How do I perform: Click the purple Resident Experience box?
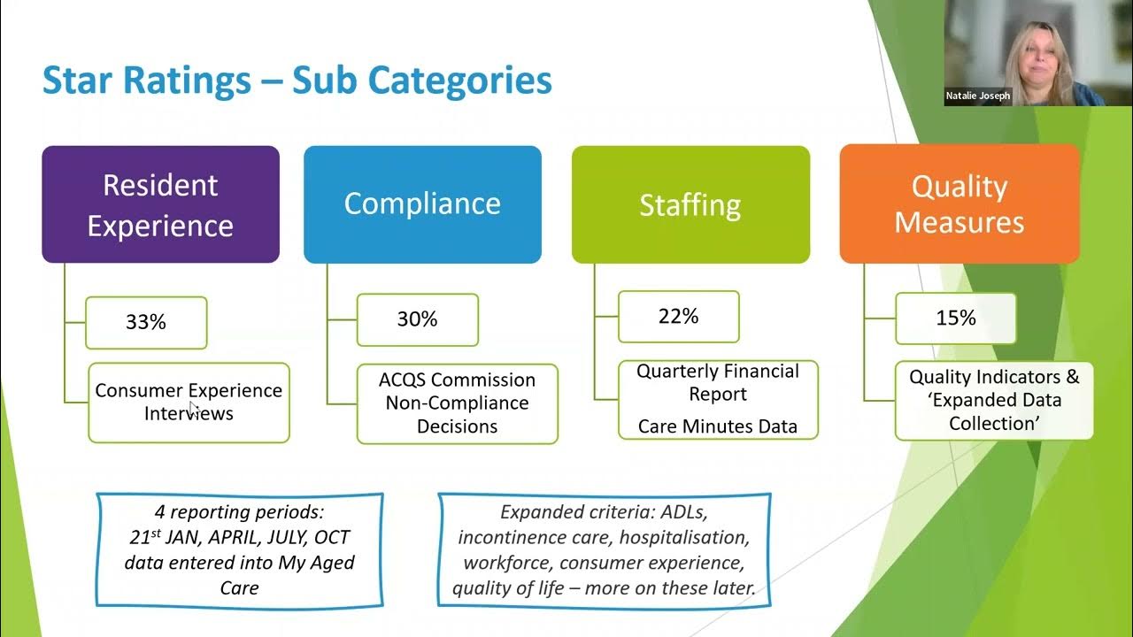(160, 204)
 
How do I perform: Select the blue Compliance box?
(422, 204)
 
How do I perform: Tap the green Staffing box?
(690, 204)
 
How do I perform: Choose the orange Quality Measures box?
(960, 204)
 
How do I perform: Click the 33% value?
(146, 322)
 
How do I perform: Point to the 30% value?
(417, 319)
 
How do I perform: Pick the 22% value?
(678, 316)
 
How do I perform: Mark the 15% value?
(956, 318)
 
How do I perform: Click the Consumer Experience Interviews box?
(189, 403)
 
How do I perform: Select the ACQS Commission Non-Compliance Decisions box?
(457, 403)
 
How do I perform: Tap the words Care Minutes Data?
(718, 426)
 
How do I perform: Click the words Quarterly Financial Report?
(718, 382)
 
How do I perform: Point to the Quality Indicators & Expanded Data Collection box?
(994, 400)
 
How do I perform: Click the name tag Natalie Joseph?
(978, 96)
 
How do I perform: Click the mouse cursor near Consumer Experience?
(193, 407)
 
